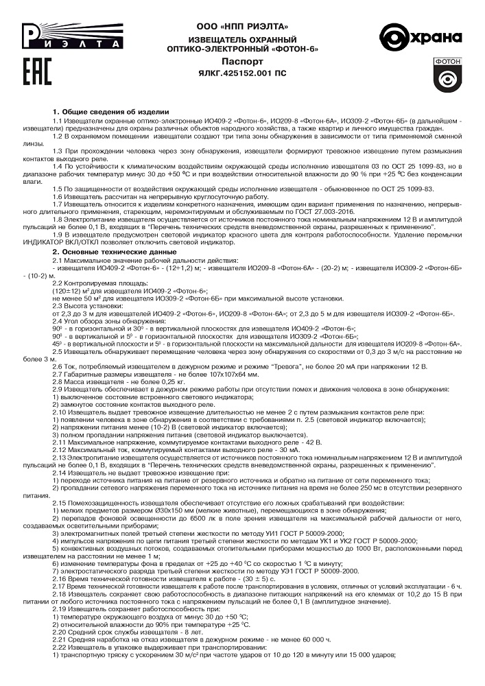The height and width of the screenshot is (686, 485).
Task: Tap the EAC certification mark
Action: pyautogui.click(x=36, y=73)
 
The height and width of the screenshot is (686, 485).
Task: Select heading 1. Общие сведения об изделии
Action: pyautogui.click(x=110, y=111)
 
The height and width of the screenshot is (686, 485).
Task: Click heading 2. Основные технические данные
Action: pyautogui.click(x=117, y=252)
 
